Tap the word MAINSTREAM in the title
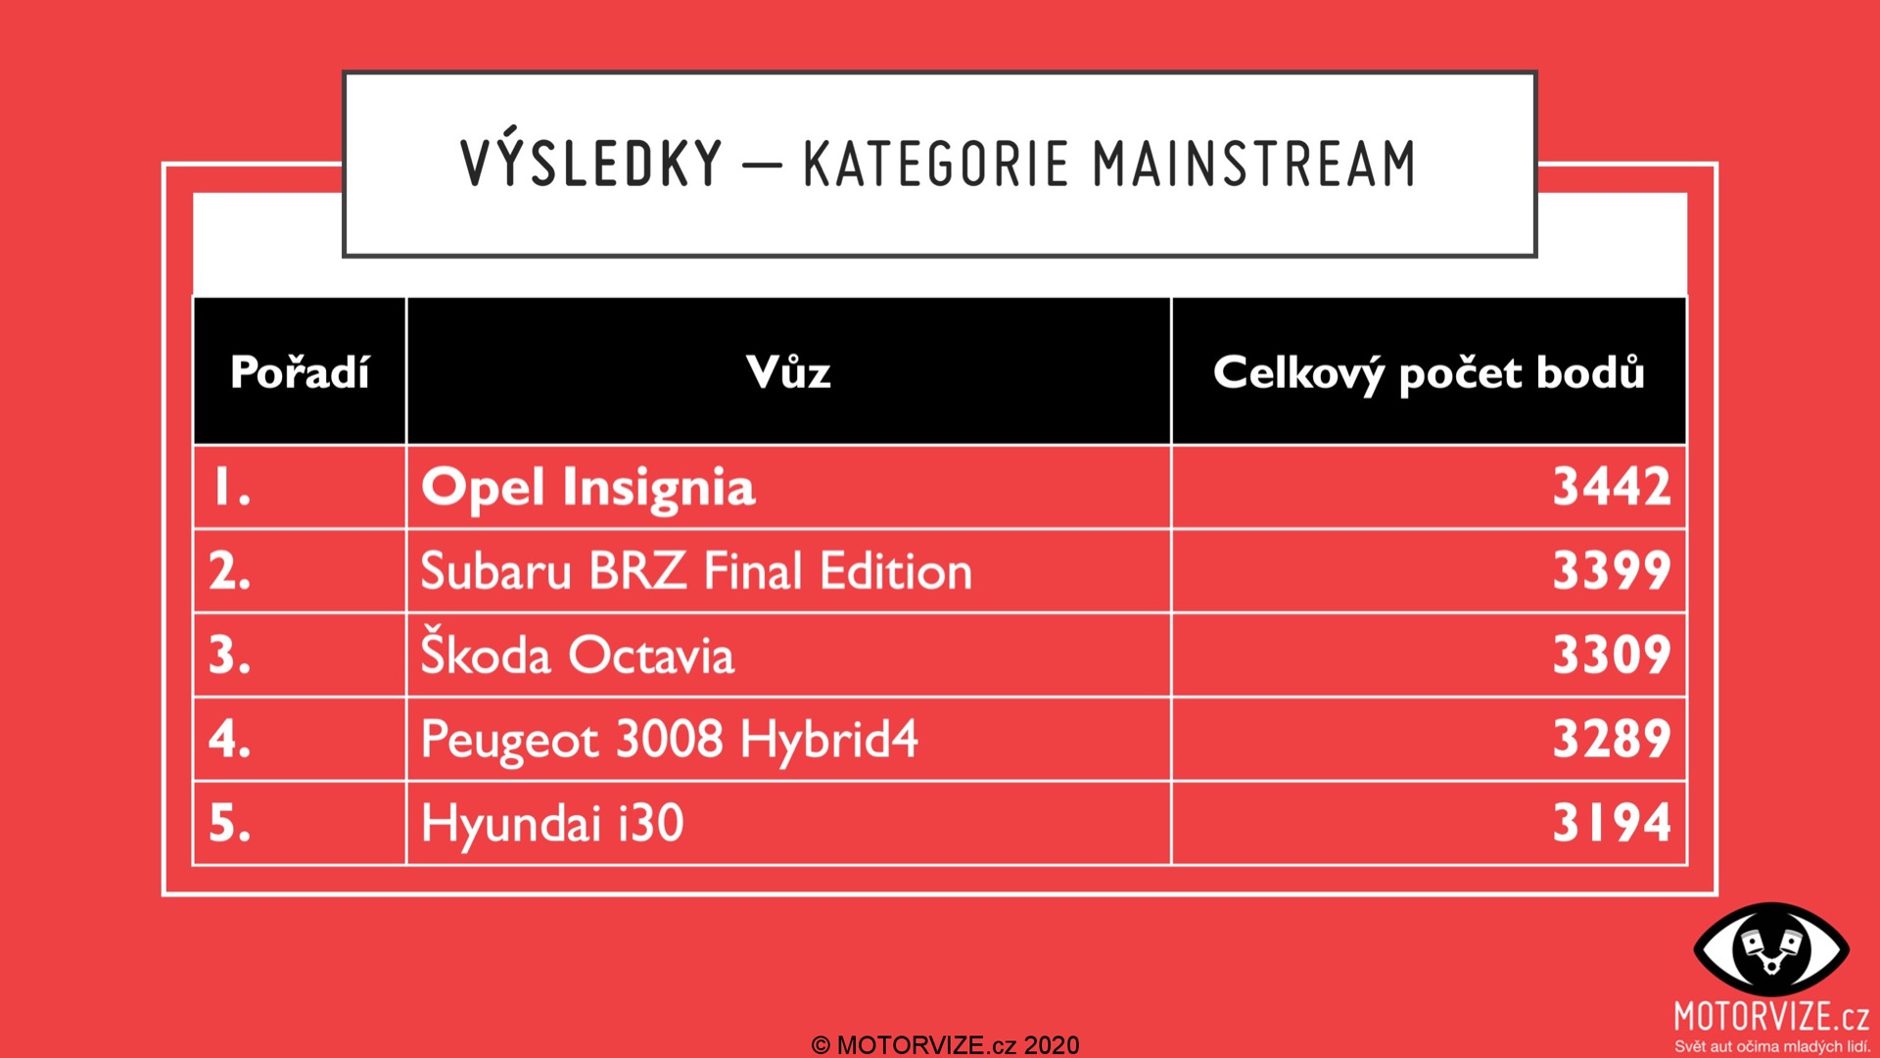1254,164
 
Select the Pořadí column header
300,372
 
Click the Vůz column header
788,372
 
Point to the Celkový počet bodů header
1429,373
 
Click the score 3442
1612,487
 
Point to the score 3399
1612,571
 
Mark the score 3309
1612,655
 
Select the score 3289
1612,739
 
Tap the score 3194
1612,823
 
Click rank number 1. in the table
232,487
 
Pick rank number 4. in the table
230,739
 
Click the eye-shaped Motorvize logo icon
1771,949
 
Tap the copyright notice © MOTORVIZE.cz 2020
945,1045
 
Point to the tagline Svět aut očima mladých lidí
1771,1046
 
